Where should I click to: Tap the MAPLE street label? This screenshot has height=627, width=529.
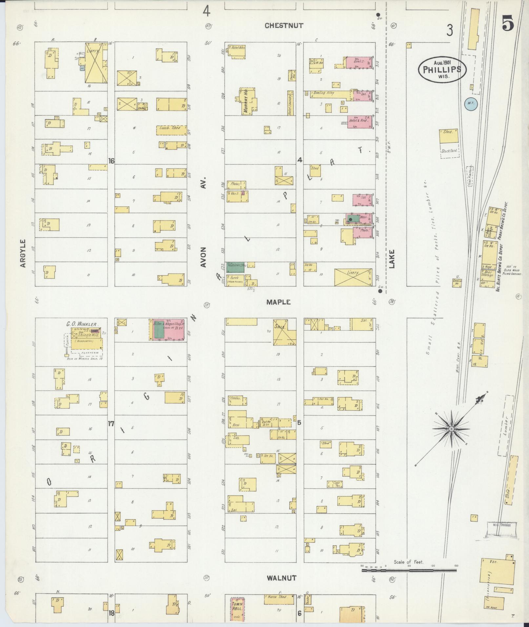(278, 302)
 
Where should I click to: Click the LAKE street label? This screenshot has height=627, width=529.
(392, 259)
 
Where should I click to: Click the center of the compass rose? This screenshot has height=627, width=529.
(451, 429)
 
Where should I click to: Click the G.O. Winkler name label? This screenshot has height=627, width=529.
(82, 324)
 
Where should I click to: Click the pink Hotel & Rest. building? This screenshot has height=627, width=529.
(360, 122)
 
